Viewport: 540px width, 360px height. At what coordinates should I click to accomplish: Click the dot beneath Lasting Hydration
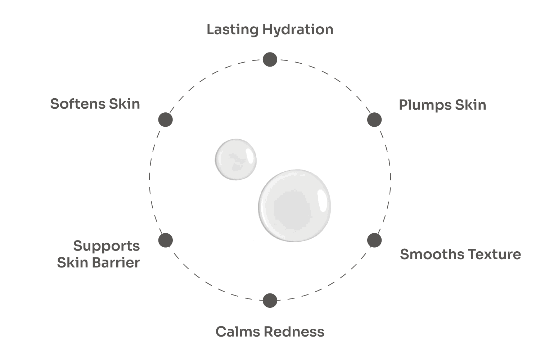[270, 59]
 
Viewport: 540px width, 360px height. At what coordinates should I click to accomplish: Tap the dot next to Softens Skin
[165, 120]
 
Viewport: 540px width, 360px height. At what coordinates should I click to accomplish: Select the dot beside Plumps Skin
[374, 120]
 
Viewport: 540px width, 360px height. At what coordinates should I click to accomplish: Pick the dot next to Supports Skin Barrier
[165, 240]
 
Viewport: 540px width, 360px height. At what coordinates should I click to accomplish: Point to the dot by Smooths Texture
[374, 240]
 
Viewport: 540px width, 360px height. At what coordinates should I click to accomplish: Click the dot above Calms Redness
[270, 301]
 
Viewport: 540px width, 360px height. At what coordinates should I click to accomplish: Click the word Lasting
[233, 30]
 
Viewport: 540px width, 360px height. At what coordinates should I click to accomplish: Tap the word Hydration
[298, 30]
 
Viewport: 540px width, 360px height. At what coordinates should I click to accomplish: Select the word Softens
[78, 104]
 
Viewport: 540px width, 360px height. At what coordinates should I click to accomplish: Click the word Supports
[107, 246]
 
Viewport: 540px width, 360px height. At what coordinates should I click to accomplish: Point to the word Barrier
[116, 262]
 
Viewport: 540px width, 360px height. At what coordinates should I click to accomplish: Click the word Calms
[238, 332]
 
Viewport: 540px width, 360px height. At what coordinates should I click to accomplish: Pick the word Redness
[294, 332]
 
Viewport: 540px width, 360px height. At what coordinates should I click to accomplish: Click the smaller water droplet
[236, 159]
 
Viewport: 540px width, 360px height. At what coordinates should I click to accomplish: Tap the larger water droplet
[294, 206]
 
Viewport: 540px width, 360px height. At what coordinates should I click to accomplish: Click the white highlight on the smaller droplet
[250, 156]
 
